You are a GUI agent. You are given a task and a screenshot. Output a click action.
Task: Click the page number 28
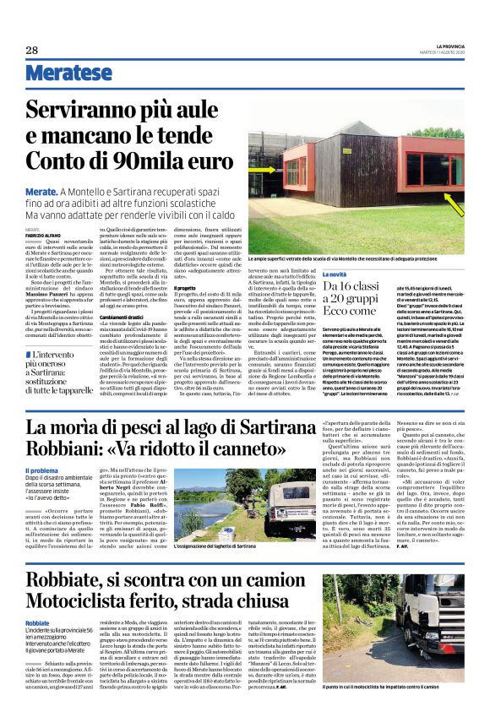tap(32, 50)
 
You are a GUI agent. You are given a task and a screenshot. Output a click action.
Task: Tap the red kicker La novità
tap(340, 275)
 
